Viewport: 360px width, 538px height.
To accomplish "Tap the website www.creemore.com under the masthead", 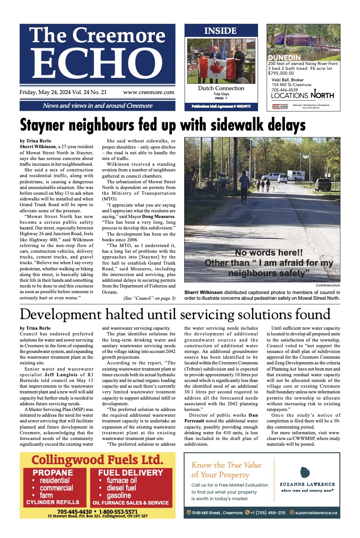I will (149, 93).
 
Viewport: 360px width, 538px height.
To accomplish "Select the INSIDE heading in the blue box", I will (221, 31).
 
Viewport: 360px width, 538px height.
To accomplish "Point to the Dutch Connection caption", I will (221, 88).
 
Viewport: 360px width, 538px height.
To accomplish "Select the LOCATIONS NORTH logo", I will (302, 95).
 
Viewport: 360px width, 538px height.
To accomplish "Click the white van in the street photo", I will (282, 178).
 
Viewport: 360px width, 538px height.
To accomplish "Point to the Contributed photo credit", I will (328, 286).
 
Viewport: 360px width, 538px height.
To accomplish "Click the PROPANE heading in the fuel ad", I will (53, 473).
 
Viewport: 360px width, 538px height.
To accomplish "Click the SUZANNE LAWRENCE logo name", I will (307, 484).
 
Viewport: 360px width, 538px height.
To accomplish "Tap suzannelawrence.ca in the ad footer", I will (316, 513).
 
